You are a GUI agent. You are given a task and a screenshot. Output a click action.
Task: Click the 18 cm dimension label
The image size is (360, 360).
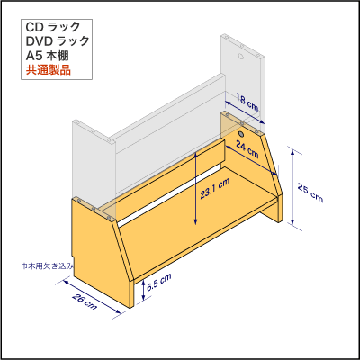tap(247, 102)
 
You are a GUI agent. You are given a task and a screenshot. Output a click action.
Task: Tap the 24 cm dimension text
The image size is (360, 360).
tap(247, 149)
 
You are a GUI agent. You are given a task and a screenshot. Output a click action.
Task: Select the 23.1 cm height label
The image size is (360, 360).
tap(215, 188)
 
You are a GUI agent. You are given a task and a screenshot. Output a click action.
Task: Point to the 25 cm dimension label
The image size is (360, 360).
tap(310, 193)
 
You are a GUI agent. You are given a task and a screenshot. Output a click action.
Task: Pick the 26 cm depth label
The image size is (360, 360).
tap(85, 301)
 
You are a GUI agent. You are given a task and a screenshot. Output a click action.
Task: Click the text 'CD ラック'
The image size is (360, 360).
tap(53, 27)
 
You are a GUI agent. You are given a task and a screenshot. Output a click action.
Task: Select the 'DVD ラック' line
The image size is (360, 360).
tap(58, 41)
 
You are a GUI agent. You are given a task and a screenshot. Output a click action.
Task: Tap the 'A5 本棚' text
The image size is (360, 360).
tap(48, 56)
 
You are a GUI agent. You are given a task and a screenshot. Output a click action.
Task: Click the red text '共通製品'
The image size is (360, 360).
tap(49, 70)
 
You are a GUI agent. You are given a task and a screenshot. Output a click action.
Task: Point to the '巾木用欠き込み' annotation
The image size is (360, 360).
tap(47, 265)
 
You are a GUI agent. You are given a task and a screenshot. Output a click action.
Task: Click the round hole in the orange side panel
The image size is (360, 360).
tap(241, 133)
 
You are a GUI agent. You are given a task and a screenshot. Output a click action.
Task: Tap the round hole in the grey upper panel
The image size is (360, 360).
tap(241, 56)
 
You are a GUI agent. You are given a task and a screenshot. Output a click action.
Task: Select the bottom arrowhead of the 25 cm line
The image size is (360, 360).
tap(292, 221)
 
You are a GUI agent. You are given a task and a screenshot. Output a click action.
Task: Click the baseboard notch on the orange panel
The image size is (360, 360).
tap(73, 260)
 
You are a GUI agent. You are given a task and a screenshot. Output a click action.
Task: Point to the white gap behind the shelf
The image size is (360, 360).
tap(171, 197)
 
